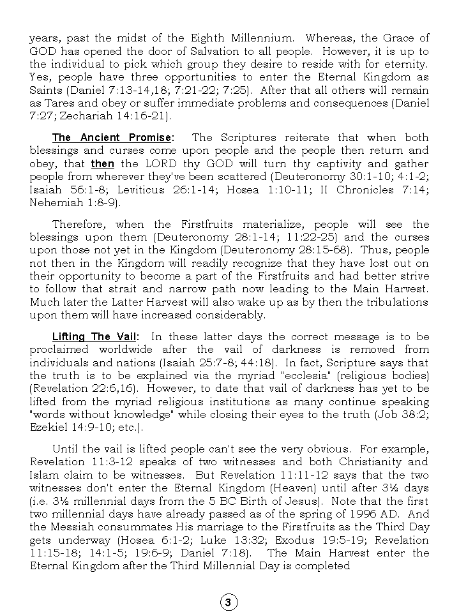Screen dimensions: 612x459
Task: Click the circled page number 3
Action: pyautogui.click(x=229, y=602)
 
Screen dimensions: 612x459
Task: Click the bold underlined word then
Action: pyautogui.click(x=103, y=164)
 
